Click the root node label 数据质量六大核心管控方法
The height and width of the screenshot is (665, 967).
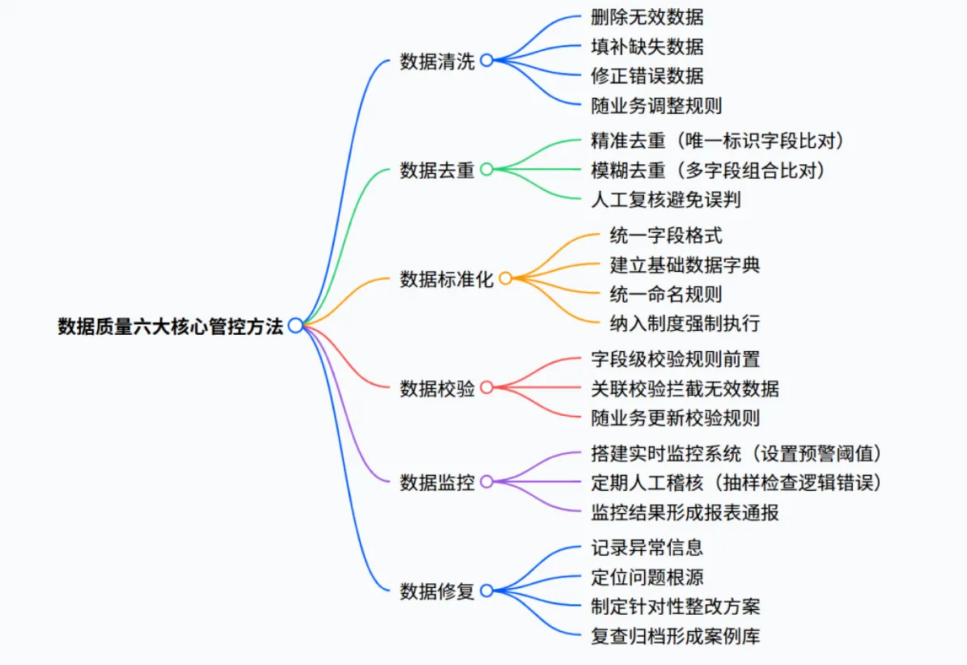point(170,326)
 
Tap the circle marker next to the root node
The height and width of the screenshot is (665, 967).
point(295,325)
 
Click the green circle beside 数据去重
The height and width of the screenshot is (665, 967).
point(486,170)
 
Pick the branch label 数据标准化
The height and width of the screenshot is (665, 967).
point(447,279)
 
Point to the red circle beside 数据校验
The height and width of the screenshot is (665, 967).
point(486,388)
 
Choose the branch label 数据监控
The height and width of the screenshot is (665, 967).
point(437,482)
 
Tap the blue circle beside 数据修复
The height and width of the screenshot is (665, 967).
point(486,591)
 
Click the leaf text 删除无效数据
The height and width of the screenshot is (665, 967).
point(647,17)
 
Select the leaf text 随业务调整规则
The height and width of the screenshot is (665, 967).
point(656,105)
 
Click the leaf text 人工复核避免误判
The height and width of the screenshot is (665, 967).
point(666,199)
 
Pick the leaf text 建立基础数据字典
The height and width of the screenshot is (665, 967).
point(685,265)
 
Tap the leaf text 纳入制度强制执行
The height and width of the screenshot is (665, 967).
point(685,324)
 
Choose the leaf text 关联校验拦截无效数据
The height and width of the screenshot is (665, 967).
point(685,388)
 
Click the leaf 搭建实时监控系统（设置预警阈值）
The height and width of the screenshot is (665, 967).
point(737,453)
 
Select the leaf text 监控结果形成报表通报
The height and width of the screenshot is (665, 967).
point(685,511)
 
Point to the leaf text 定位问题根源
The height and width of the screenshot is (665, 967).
point(647,577)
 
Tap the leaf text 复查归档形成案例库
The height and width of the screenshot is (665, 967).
point(676,636)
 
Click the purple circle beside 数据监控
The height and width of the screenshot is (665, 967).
point(486,482)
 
